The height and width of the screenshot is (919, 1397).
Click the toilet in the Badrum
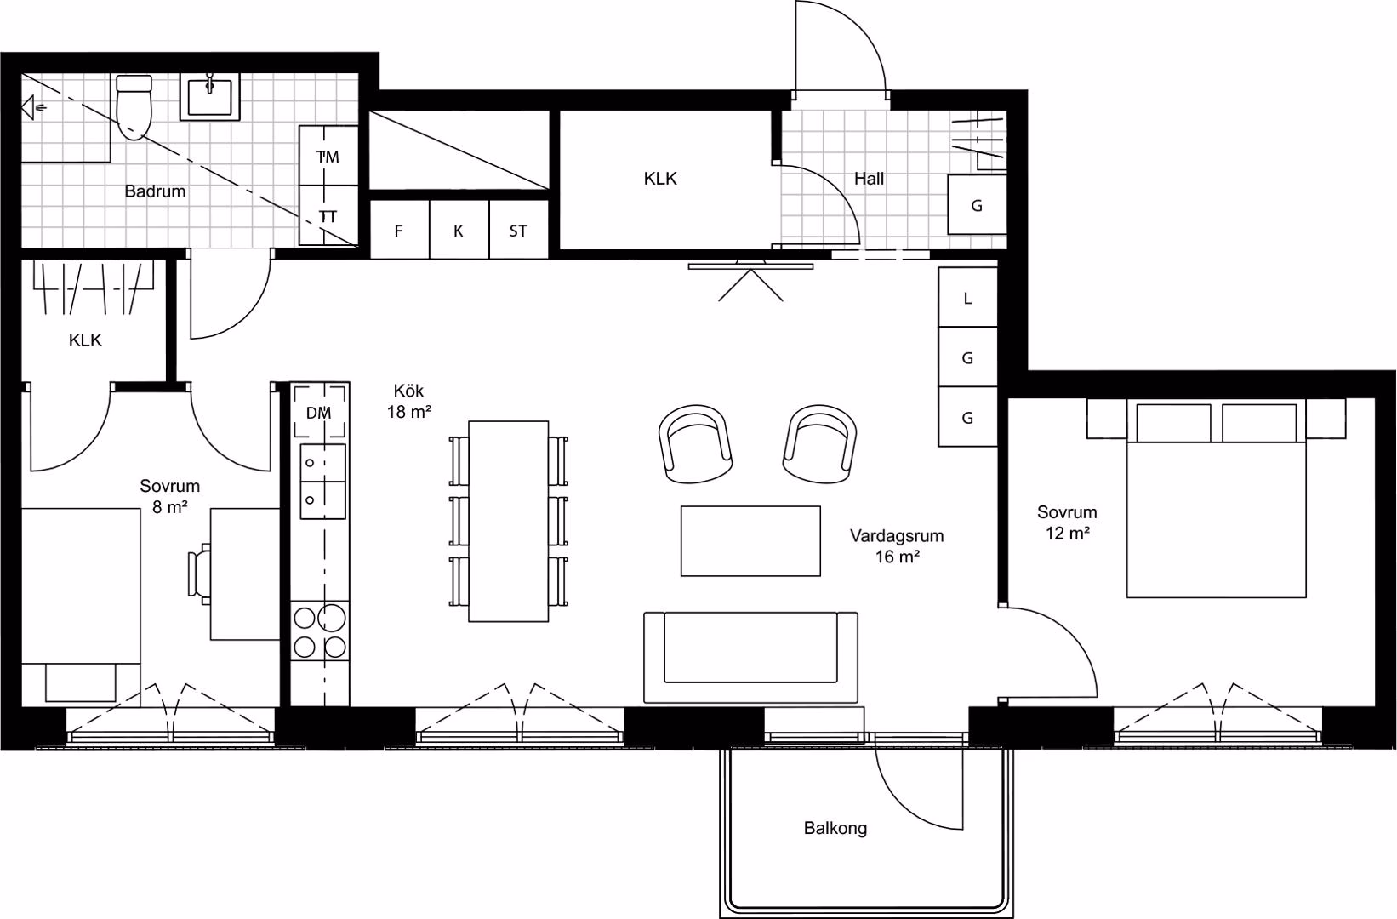pyautogui.click(x=134, y=107)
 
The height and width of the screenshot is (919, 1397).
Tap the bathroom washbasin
pyautogui.click(x=209, y=96)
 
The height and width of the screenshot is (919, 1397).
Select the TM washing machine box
pyautogui.click(x=328, y=156)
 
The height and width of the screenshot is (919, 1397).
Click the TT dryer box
pyautogui.click(x=328, y=215)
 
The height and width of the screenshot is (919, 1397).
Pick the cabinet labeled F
pyautogui.click(x=399, y=230)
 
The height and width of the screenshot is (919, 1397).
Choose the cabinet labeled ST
pyautogui.click(x=519, y=230)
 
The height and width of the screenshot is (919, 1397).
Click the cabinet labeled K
pyautogui.click(x=459, y=230)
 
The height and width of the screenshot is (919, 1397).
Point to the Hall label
pyautogui.click(x=869, y=179)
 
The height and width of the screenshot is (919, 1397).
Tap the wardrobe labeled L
pyautogui.click(x=968, y=297)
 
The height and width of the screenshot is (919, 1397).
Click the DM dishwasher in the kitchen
pyautogui.click(x=319, y=413)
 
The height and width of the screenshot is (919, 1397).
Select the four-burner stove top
pyautogui.click(x=320, y=631)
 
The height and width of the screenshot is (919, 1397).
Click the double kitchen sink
pyautogui.click(x=323, y=481)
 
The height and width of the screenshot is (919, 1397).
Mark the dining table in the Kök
pyautogui.click(x=508, y=521)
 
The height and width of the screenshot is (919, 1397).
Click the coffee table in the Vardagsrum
pyautogui.click(x=750, y=541)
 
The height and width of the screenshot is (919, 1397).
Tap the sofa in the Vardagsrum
pyautogui.click(x=751, y=657)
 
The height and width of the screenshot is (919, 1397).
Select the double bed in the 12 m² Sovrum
pyautogui.click(x=1216, y=499)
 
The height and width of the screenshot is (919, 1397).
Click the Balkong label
pyautogui.click(x=835, y=828)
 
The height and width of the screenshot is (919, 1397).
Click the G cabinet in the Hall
pyautogui.click(x=978, y=204)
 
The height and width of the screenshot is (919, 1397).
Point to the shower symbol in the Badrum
pyautogui.click(x=32, y=108)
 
